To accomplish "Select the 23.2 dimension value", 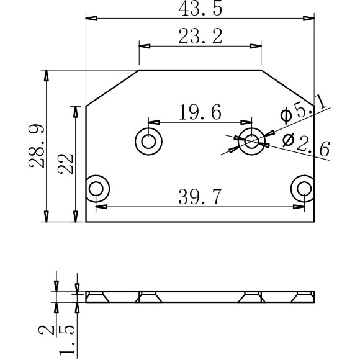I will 200,37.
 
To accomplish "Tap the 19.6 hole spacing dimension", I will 199,113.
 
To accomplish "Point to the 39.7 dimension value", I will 199,197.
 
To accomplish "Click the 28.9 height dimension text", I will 36,146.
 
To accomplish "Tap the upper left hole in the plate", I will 148,141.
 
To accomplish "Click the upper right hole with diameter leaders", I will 252,141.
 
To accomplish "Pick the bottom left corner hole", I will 97,187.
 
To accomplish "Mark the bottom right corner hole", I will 303,187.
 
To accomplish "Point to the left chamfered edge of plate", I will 112,88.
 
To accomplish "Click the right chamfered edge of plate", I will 287,88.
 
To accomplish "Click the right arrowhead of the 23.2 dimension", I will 255,46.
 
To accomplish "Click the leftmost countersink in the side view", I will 97,296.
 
